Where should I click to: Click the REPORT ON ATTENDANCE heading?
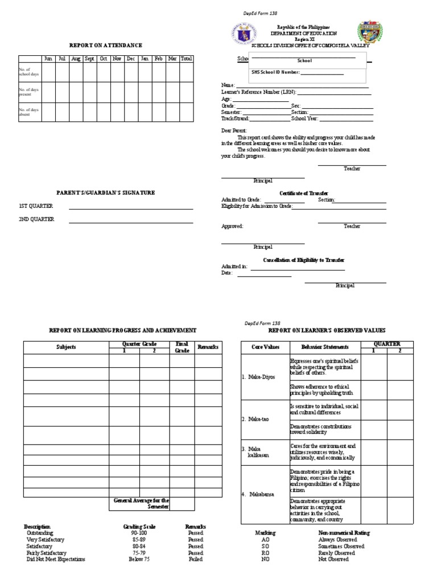105,45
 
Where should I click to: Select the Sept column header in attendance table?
89,59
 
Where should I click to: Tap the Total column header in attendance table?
186,59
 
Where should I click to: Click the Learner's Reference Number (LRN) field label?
258,92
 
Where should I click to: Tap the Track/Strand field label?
235,119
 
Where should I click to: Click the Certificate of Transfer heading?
303,194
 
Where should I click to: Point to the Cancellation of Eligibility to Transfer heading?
303,260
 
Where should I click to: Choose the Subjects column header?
66,347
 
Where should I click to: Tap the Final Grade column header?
182,347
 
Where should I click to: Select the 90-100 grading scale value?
139,533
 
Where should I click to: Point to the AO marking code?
265,540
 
